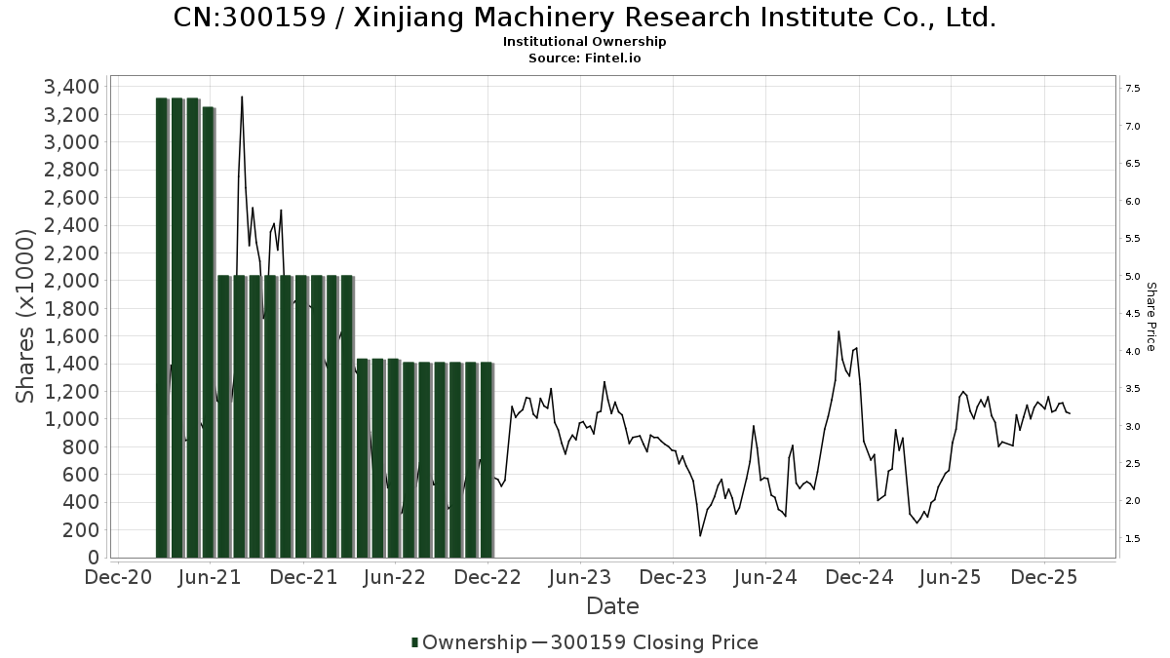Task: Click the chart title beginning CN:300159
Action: tap(585, 18)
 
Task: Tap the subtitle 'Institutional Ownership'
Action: tap(585, 42)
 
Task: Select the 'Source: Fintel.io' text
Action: tap(585, 58)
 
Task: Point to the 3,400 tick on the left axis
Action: tap(72, 87)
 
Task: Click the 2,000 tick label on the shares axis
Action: tap(72, 281)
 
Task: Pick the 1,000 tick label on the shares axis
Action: tap(72, 419)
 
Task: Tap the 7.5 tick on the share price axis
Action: tap(1133, 89)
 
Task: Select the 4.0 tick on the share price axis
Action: tap(1133, 351)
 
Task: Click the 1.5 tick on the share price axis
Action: tap(1133, 538)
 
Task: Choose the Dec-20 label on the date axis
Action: tap(118, 577)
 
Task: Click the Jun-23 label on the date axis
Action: tap(580, 577)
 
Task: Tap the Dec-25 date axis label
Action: tap(1043, 577)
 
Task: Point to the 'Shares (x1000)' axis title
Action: tap(26, 316)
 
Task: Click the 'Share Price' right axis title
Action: tap(1150, 316)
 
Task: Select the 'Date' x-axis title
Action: tap(612, 606)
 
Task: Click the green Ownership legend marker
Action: tap(415, 642)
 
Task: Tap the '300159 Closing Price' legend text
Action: tap(653, 642)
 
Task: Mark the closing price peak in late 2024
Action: tap(838, 332)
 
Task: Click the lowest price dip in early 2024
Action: tap(700, 535)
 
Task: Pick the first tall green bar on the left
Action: tap(163, 327)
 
